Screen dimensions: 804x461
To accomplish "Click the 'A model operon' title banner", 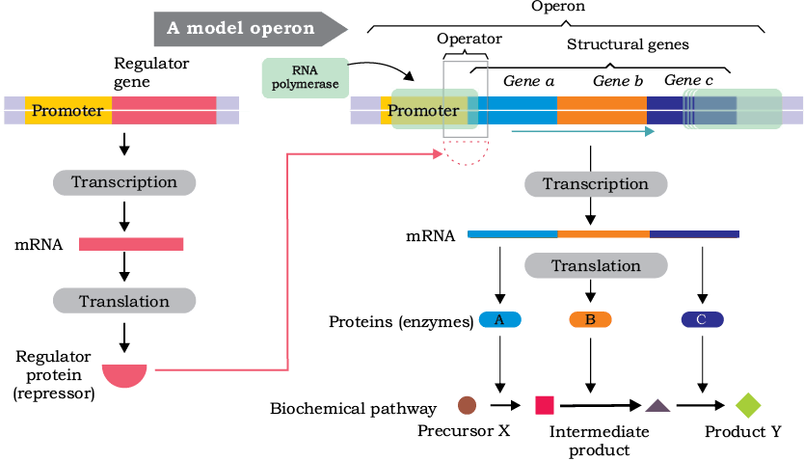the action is (x=251, y=28).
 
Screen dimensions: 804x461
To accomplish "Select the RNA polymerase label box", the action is (x=306, y=77).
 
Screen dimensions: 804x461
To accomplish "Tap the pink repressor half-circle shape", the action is (x=124, y=375).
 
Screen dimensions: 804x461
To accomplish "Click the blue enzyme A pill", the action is (x=500, y=320).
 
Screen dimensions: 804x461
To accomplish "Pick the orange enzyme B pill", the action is (x=590, y=320).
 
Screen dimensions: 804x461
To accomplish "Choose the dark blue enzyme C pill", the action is (x=703, y=320).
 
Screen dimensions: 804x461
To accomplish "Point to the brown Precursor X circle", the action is (x=468, y=405).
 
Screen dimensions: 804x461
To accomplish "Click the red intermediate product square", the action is (x=545, y=405).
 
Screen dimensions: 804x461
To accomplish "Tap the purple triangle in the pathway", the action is (x=657, y=406).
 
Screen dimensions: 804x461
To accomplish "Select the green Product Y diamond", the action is (x=748, y=405).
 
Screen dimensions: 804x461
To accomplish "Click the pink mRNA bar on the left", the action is (x=131, y=244).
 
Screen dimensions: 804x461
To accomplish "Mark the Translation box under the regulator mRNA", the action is (x=124, y=301).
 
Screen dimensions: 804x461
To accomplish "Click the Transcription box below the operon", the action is (x=596, y=184).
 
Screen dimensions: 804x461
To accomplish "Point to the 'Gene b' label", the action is (x=618, y=81).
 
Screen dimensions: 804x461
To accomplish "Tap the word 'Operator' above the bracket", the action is (x=469, y=39).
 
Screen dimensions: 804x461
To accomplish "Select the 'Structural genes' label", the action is (x=628, y=44).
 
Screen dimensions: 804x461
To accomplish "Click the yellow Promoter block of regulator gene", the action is (x=68, y=110).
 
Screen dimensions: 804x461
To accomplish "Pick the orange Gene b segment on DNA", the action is (x=602, y=110).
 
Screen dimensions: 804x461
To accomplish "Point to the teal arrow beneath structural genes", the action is (x=583, y=132).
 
